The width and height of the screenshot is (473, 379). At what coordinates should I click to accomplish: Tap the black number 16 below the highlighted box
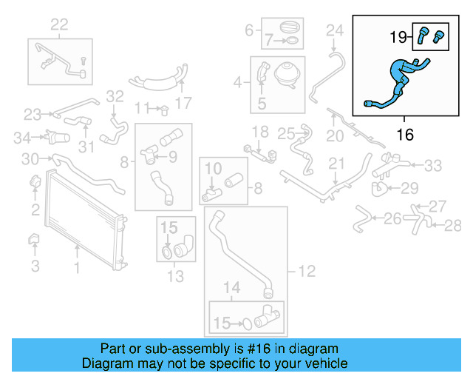click(x=404, y=135)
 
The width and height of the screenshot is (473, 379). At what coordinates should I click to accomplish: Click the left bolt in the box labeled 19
click(x=424, y=33)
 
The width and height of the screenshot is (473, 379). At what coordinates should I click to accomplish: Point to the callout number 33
click(x=432, y=164)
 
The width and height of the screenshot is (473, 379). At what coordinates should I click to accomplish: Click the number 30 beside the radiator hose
click(x=30, y=158)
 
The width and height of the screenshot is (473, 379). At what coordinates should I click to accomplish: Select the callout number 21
click(x=336, y=163)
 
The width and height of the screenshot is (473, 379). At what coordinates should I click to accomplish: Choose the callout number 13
click(x=175, y=277)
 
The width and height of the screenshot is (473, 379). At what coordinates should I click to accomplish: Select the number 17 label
click(x=183, y=103)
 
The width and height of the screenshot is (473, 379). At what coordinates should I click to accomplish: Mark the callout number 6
click(x=249, y=30)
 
